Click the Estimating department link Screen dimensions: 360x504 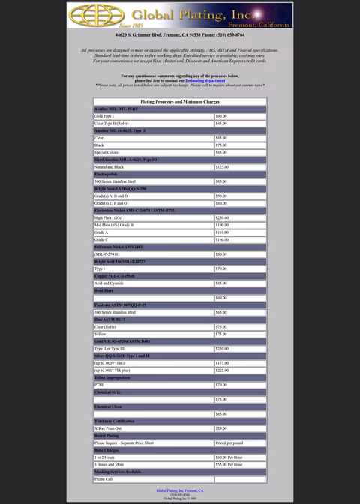pyautogui.click(x=205, y=80)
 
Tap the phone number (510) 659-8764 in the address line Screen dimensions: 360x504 pyautogui.click(x=222, y=35)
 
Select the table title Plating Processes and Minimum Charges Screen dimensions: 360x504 pyautogui.click(x=179, y=100)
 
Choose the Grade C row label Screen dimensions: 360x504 pyautogui.click(x=101, y=239)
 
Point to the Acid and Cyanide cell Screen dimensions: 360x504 pyautogui.click(x=108, y=283)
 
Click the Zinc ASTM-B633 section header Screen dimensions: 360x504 pyautogui.click(x=108, y=319)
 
